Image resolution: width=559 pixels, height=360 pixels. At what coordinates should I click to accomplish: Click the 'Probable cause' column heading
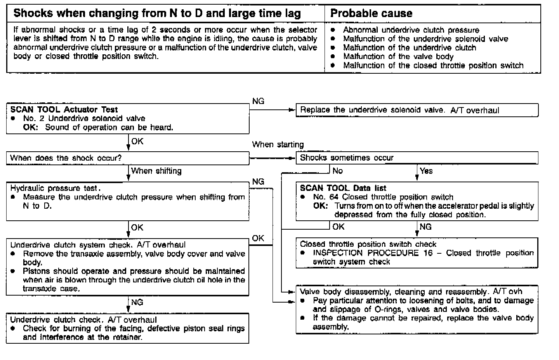tap(371, 14)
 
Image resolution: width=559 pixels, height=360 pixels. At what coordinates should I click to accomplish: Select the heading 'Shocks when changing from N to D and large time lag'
tap(157, 14)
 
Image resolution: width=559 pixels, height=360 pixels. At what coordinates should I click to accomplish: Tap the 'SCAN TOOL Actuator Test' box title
tap(64, 109)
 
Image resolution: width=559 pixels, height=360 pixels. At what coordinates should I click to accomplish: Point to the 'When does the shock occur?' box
tap(66, 158)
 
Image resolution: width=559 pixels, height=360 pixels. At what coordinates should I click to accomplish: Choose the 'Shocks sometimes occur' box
tap(347, 158)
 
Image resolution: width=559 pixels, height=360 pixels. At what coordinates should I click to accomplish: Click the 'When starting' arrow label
tap(278, 145)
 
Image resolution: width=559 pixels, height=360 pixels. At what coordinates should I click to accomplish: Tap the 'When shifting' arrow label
tap(156, 171)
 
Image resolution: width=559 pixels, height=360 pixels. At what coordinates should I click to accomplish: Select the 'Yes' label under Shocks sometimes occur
tap(426, 171)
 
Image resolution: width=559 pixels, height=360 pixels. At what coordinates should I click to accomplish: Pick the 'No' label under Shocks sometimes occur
tap(338, 171)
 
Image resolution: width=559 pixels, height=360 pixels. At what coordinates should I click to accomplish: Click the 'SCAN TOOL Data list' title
tap(343, 188)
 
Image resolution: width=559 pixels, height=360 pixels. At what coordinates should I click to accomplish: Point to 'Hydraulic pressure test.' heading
tap(56, 188)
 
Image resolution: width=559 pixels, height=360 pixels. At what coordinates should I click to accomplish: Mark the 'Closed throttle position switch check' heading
tap(368, 244)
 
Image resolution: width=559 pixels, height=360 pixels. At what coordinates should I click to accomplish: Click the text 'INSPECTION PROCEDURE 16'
tap(366, 253)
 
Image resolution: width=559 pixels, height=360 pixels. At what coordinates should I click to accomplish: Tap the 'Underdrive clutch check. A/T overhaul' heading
tap(83, 320)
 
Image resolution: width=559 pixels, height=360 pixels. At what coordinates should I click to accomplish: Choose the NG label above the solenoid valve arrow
tap(258, 101)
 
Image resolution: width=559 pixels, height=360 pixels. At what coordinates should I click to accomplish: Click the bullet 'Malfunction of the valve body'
tap(398, 57)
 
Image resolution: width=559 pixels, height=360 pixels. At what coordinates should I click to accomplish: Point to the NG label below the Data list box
tap(426, 227)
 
